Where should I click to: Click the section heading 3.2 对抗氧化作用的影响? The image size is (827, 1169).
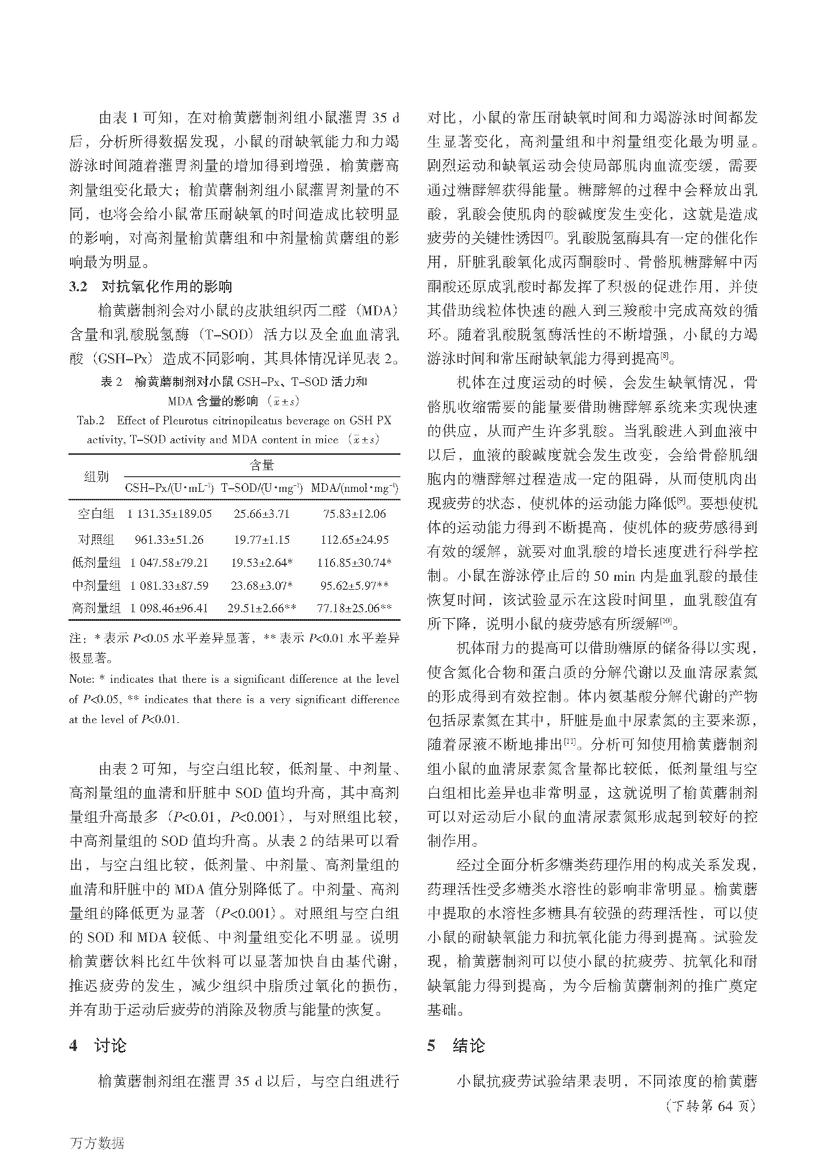click(150, 287)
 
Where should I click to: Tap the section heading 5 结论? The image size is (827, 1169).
click(456, 1046)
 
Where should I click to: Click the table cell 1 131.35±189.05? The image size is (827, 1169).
click(169, 514)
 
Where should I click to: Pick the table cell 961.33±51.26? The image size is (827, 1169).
click(169, 540)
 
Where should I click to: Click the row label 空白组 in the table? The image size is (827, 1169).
click(95, 514)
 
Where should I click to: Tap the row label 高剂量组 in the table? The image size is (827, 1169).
click(95, 608)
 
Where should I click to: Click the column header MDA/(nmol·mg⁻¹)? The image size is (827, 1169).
click(354, 488)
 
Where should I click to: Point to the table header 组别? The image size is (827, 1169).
click(95, 477)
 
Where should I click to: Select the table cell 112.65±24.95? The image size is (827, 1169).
click(355, 540)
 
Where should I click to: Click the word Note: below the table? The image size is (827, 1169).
click(81, 679)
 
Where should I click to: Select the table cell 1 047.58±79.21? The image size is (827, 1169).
click(169, 563)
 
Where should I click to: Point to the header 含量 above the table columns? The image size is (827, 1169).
click(261, 464)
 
